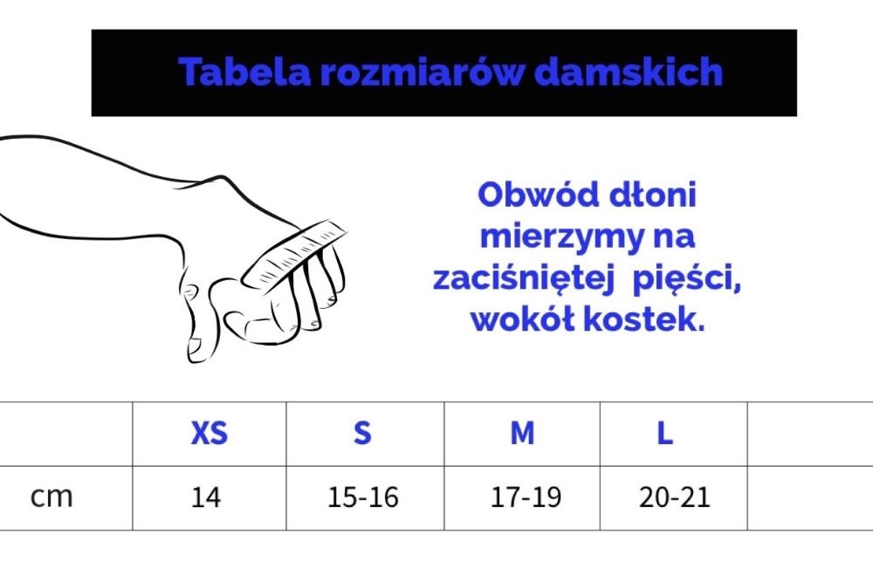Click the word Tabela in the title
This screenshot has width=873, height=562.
pos(244,72)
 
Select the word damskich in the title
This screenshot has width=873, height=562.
pos(629,72)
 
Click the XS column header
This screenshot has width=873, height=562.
pos(210,433)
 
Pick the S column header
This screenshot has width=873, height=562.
pos(362,433)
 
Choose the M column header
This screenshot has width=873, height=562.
pos(522,433)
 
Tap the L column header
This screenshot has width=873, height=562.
pos(665,433)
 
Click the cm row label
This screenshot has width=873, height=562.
pos(52,497)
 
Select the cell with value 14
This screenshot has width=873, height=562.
pos(206,497)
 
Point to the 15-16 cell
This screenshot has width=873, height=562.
pos(363,497)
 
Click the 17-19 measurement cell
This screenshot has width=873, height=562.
pos(526,497)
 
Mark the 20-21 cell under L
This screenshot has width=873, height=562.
pos(675,497)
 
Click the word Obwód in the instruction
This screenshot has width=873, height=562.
pos(539,195)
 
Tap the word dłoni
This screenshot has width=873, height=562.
pos(654,195)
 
